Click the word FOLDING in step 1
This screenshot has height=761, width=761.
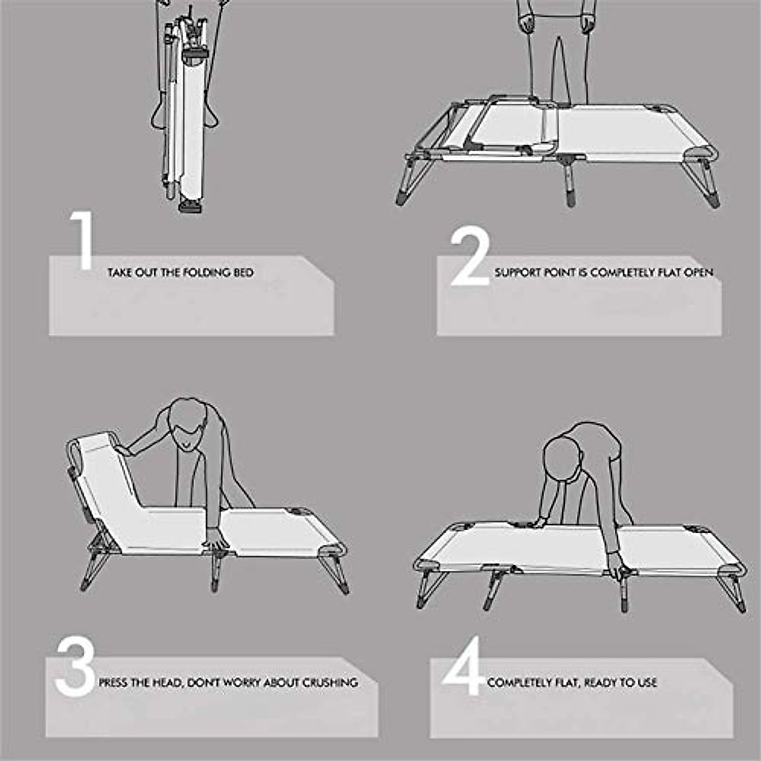pos(202,273)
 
